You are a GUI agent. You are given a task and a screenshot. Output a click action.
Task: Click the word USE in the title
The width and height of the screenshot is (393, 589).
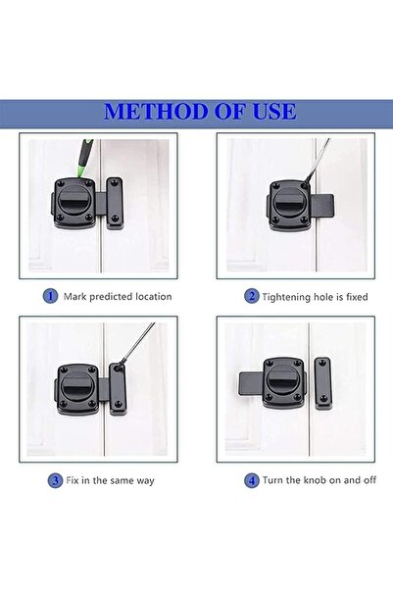coord(271,111)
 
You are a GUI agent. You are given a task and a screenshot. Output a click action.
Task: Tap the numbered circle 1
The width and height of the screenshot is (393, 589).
coord(49,295)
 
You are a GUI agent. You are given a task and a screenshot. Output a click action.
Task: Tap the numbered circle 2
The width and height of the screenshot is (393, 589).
coord(251,295)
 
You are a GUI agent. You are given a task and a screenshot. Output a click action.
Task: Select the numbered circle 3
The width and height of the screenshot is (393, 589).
coord(55,480)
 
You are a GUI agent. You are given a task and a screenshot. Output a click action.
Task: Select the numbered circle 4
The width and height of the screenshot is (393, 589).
coord(251,480)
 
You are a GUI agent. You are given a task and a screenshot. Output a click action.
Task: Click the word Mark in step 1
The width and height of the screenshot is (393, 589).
coord(76,295)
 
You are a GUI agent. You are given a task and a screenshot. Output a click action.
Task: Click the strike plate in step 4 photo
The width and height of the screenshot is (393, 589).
coord(321,381)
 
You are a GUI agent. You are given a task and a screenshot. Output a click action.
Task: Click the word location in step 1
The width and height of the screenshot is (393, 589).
coord(150,295)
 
